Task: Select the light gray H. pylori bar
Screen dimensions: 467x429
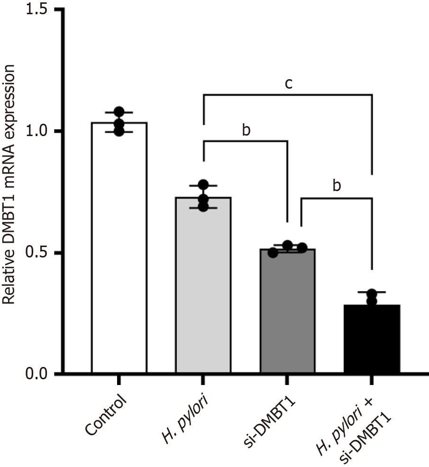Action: [203, 284]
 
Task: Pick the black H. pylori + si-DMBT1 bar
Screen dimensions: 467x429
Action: [372, 339]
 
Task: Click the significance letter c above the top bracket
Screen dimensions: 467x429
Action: [288, 84]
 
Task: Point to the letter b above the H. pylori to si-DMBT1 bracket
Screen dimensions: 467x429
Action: [246, 130]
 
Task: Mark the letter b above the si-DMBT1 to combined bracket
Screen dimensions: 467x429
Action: [337, 185]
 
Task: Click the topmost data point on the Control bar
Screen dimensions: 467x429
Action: [119, 112]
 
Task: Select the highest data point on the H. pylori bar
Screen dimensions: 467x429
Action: [203, 184]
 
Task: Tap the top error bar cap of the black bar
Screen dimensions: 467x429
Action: [372, 292]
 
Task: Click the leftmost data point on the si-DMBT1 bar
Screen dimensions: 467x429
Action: [273, 252]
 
